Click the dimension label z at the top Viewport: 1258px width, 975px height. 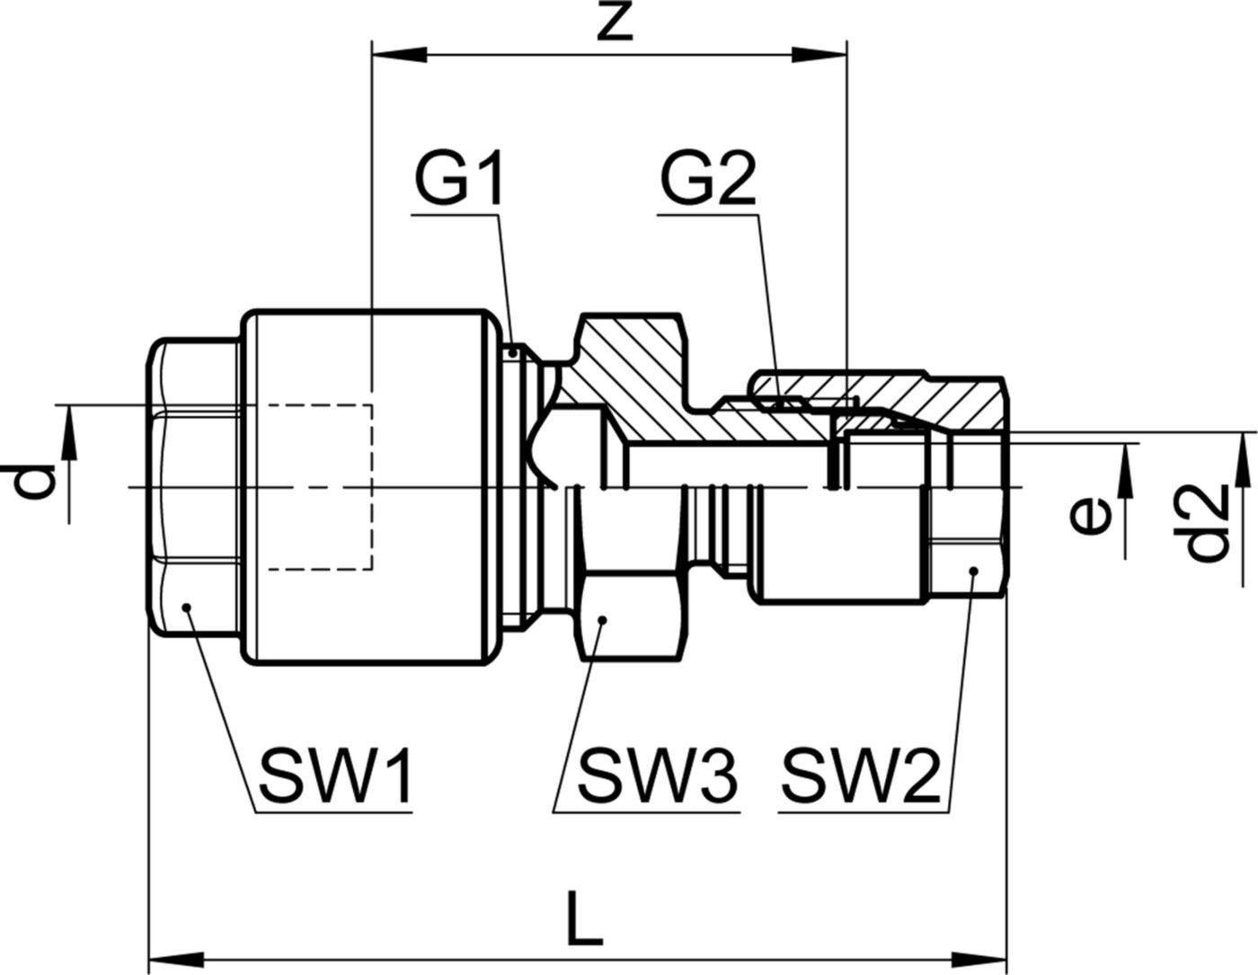point(615,25)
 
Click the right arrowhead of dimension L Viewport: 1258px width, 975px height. point(982,953)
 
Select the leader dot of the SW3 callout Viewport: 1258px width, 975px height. point(603,620)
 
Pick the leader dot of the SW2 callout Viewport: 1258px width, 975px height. point(972,572)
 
